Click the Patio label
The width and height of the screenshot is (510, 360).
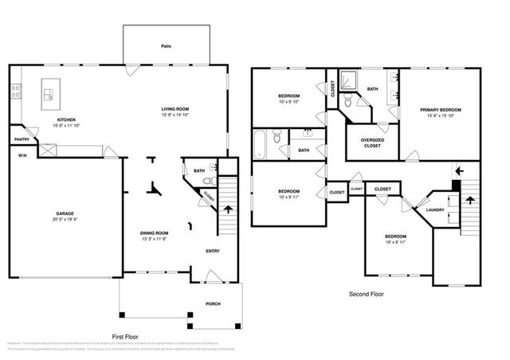click(x=166, y=46)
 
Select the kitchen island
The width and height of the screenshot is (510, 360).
click(x=49, y=94)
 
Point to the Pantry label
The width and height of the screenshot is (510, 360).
click(x=22, y=139)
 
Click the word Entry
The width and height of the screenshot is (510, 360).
click(x=213, y=252)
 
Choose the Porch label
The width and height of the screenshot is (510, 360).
click(x=212, y=303)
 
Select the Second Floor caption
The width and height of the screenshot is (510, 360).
click(x=366, y=294)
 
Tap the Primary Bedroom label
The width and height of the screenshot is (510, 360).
click(x=441, y=109)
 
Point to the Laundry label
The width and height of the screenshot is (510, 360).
click(x=434, y=210)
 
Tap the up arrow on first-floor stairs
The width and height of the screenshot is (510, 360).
click(x=229, y=209)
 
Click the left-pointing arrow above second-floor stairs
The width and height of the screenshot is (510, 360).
click(x=457, y=170)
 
